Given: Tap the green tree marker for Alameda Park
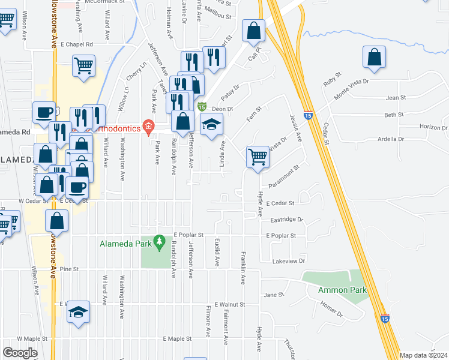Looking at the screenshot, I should (x=158, y=242).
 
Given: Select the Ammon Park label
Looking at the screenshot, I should (x=343, y=290).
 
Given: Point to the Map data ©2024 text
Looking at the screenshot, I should (x=424, y=355).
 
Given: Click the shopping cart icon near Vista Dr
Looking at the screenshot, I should (x=258, y=157).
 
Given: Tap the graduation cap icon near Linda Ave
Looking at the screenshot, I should (x=211, y=125).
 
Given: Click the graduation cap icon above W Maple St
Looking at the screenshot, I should (x=78, y=311).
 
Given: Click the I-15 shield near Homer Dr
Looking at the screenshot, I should (x=385, y=319).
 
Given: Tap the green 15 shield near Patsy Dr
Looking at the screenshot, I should (x=203, y=106).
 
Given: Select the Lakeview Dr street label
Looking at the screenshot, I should (x=289, y=261).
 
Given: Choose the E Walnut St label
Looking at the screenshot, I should (x=229, y=304).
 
